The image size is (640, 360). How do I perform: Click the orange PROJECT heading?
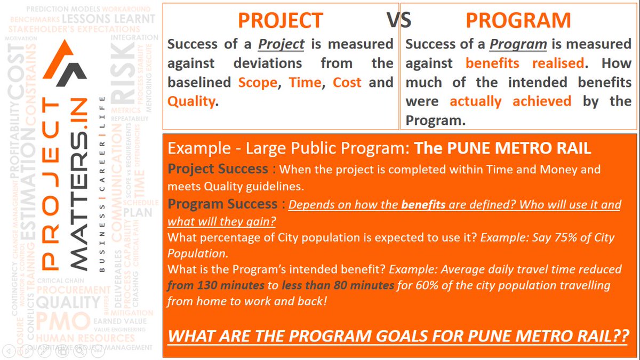[x=280, y=20]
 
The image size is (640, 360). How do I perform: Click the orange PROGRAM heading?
[x=518, y=20]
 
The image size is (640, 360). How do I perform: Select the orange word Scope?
[x=257, y=83]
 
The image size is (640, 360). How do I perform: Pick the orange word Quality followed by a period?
[x=192, y=101]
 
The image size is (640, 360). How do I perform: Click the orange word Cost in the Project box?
[x=347, y=83]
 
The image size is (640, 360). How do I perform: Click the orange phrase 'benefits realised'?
[x=525, y=63]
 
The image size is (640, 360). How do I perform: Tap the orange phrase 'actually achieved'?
[x=510, y=101]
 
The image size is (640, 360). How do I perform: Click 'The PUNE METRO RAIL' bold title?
[x=502, y=148]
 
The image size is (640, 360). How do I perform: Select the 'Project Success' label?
[x=218, y=169]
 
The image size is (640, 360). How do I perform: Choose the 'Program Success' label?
[x=222, y=204]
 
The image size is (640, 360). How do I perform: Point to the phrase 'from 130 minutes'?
[x=215, y=285]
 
